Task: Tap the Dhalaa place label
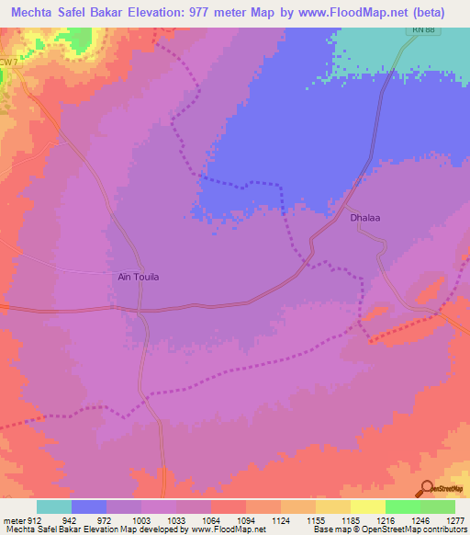(364, 219)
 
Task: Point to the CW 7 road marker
(7, 62)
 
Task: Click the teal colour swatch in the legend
(54, 507)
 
